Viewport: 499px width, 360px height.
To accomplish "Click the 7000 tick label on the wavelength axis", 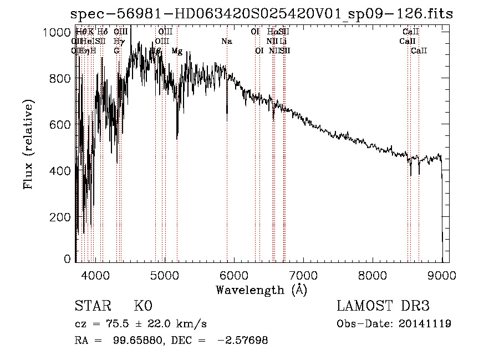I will click(303, 274).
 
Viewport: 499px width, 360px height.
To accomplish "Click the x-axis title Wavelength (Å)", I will click(261, 290).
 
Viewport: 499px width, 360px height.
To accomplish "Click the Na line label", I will click(227, 42).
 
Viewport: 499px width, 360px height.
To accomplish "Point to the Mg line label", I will click(177, 51).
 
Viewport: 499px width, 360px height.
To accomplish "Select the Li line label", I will click(283, 42).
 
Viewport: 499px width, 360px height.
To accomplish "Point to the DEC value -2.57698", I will click(245, 341).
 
